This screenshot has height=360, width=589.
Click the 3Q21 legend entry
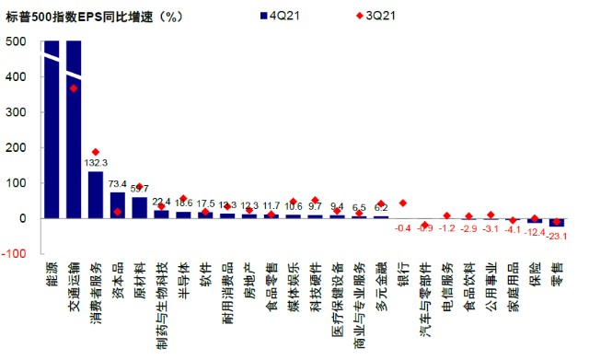coord(354,17)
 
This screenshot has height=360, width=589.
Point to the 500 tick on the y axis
coord(16,42)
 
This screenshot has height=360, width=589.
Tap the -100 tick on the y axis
coord(13,253)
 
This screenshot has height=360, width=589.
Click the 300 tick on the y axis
coord(16,112)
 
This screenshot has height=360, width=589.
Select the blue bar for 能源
coord(52,129)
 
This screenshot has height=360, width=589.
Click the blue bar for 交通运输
coord(74,129)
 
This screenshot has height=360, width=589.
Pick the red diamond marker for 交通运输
coord(74,88)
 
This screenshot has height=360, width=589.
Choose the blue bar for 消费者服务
coord(96,194)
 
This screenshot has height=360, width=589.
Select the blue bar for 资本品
coord(118,205)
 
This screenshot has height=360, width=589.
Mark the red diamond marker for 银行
coord(402,203)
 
